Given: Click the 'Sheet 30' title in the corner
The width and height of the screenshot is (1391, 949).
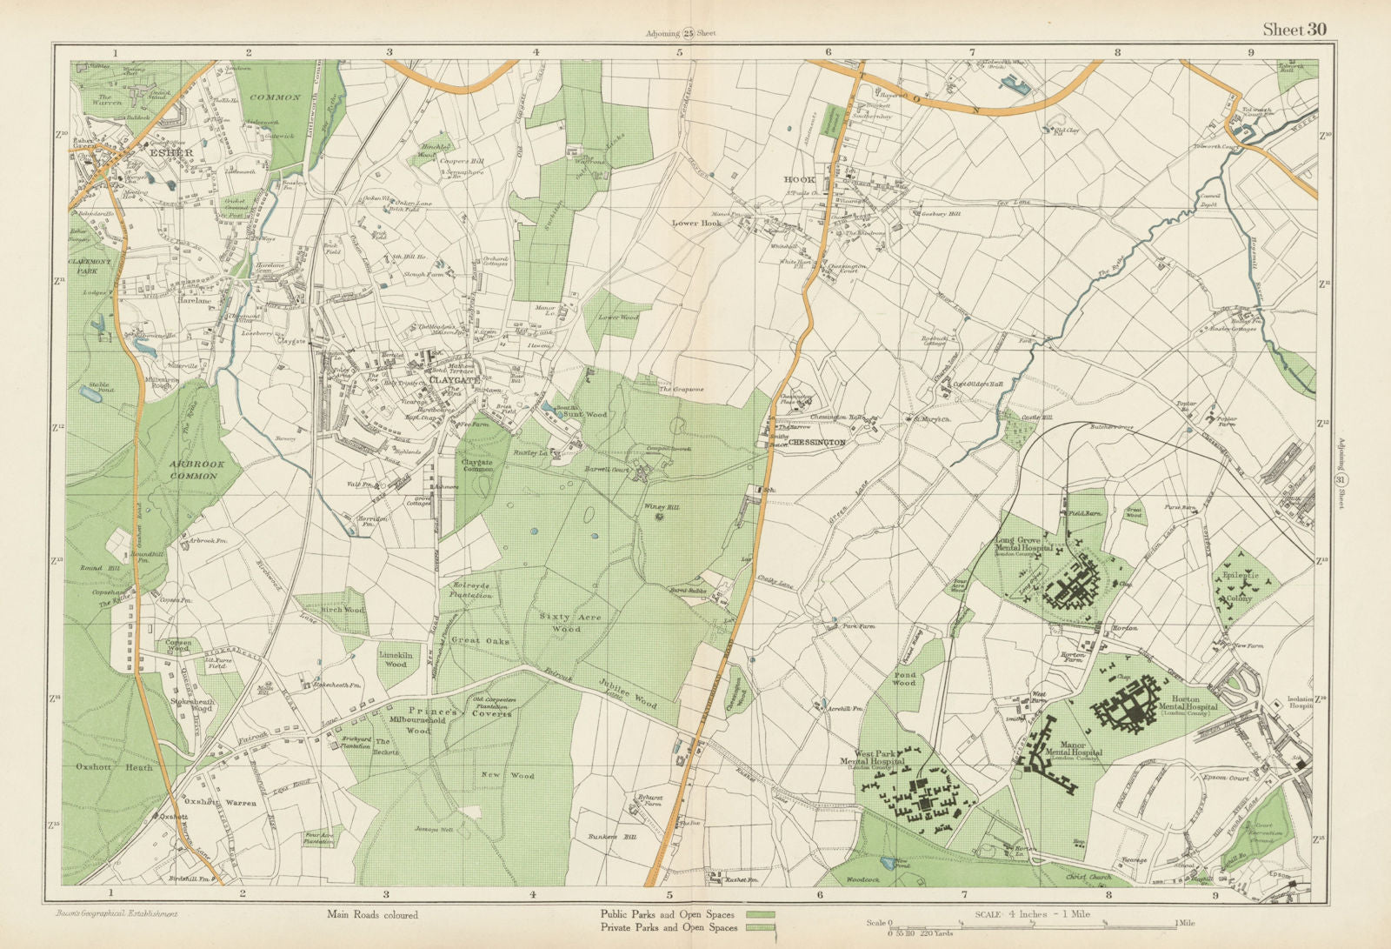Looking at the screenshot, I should tap(1294, 30).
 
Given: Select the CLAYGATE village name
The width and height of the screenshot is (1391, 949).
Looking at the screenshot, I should tap(452, 379).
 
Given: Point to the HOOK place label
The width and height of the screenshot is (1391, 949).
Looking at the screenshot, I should tap(799, 179).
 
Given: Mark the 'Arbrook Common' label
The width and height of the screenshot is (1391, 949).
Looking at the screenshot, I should tap(198, 470).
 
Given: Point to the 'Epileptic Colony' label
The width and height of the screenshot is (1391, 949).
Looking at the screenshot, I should tap(1241, 587).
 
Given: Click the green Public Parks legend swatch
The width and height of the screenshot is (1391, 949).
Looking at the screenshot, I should tap(760, 914).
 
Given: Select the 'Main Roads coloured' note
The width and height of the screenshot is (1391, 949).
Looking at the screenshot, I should tap(372, 914).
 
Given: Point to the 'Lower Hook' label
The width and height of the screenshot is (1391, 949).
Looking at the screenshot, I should tap(697, 223).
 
